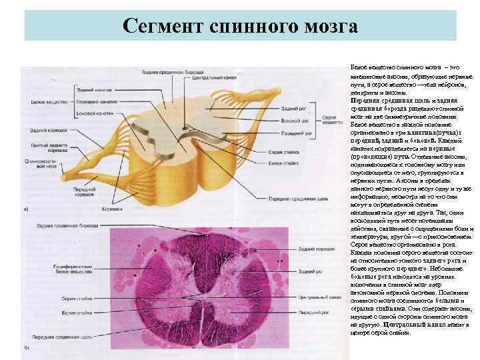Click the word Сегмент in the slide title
(163, 27)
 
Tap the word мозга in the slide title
(327, 27)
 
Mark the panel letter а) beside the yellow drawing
(26, 209)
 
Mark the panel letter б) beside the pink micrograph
(26, 348)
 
